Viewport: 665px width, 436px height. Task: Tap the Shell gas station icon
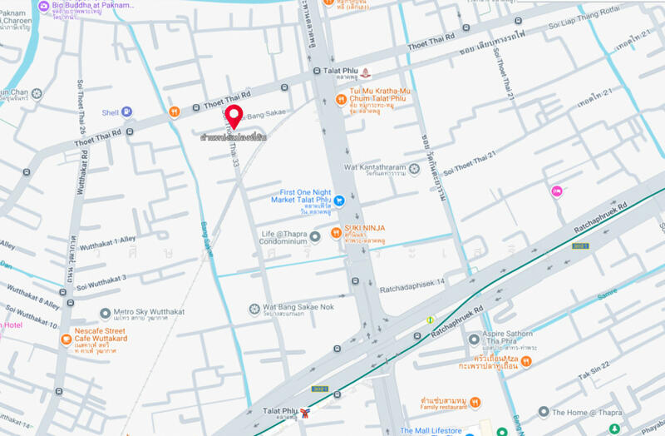(x=126, y=111)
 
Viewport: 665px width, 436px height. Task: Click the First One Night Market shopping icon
(x=339, y=199)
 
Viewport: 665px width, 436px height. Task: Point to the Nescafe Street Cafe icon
(x=66, y=339)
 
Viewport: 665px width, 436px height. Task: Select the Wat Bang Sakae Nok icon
(x=256, y=309)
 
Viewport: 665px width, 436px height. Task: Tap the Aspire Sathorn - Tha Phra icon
(x=473, y=339)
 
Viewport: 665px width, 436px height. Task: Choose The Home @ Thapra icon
(x=543, y=412)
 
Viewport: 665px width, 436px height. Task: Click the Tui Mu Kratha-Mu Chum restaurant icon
(x=340, y=100)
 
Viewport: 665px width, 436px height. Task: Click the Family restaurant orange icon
(x=475, y=403)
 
